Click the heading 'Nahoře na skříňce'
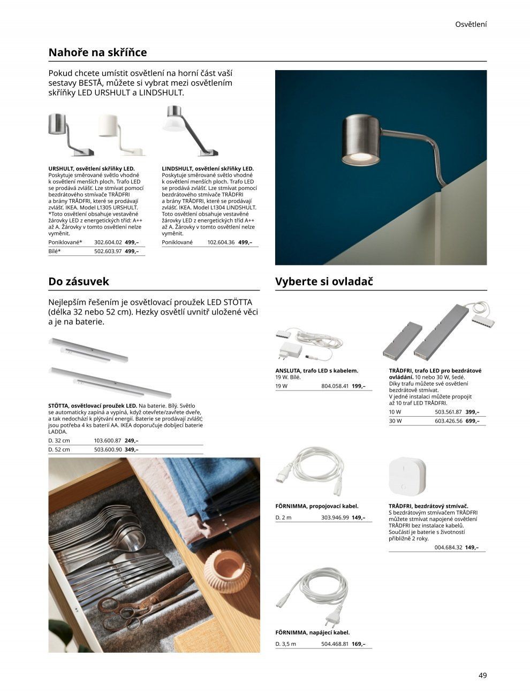97,52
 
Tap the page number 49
482,675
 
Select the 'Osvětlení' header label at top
471,24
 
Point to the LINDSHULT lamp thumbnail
185,131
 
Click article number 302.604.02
108,242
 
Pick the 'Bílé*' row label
55,251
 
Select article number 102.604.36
221,242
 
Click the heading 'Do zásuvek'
78,281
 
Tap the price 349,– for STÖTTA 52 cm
132,449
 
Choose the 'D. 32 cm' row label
59,440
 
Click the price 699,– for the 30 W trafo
472,421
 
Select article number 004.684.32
448,547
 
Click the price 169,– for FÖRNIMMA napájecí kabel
359,644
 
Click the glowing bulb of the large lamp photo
358,157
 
